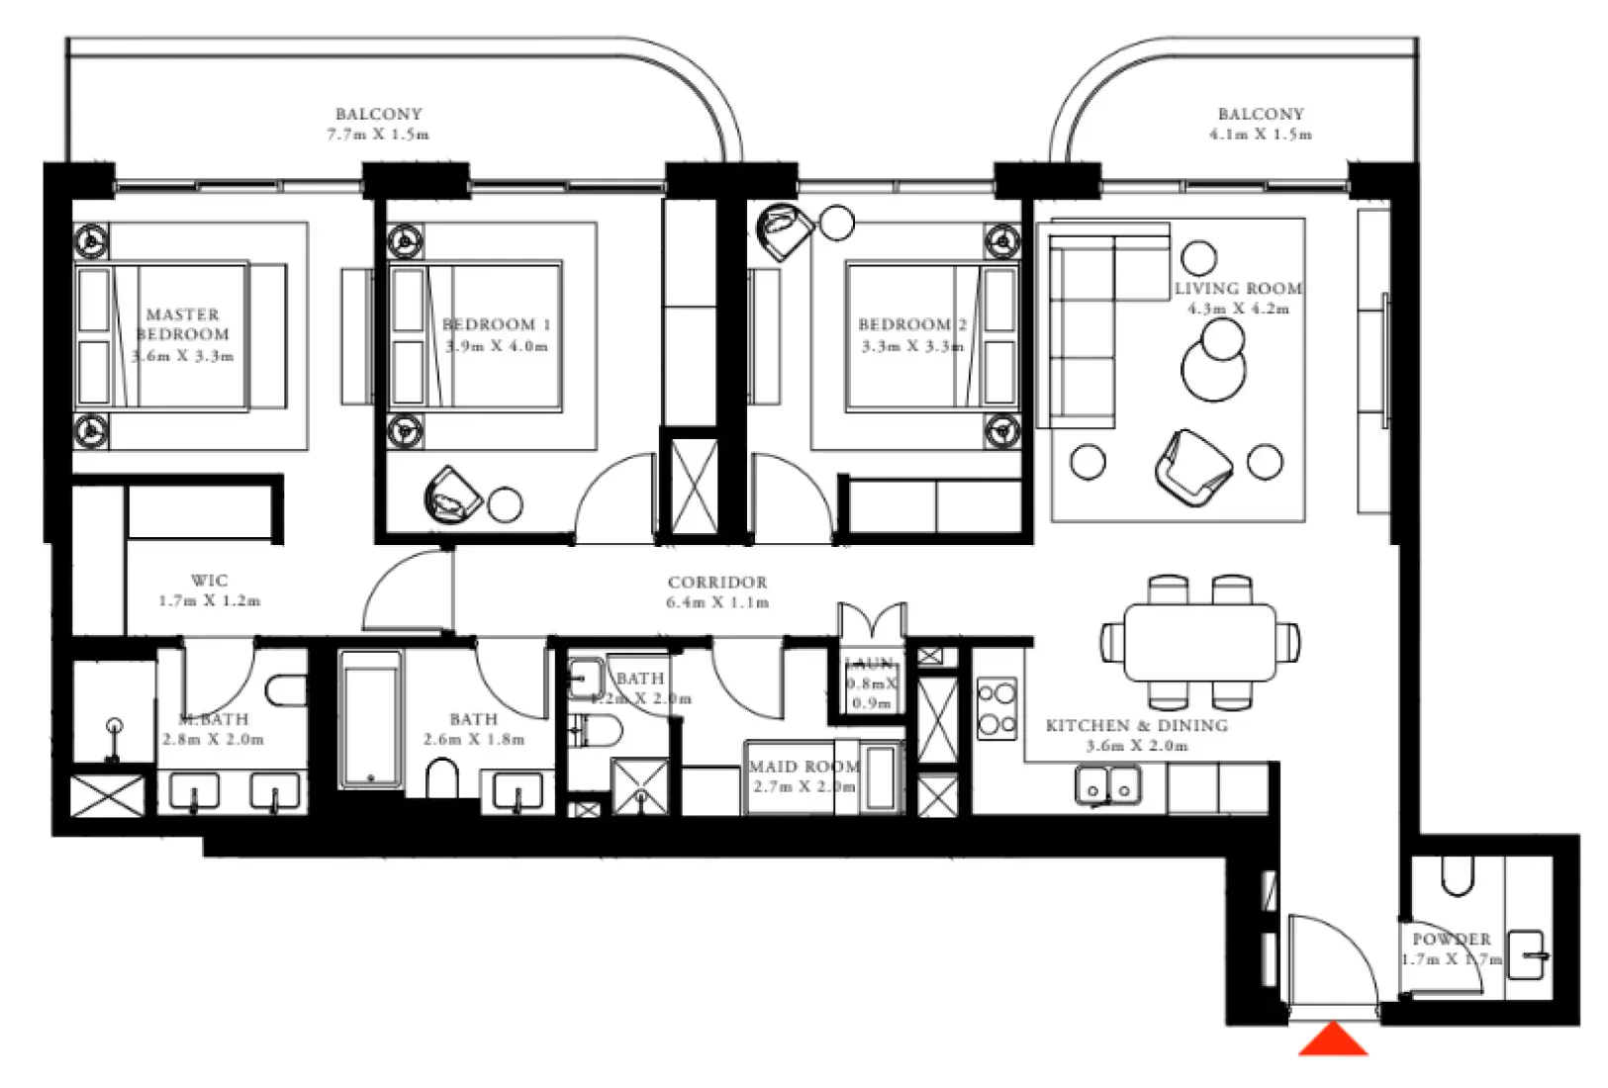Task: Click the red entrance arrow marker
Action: tap(1333, 1041)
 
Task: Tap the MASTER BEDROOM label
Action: tap(182, 324)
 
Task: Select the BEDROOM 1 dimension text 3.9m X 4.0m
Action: tap(497, 346)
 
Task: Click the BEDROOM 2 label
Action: tap(911, 324)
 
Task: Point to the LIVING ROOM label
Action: tap(1237, 289)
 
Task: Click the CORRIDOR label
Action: tap(717, 583)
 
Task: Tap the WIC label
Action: tap(209, 581)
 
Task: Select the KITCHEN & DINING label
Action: tap(1137, 725)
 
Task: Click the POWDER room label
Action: tap(1451, 939)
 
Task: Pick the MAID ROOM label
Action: tap(804, 767)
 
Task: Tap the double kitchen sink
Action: tap(1107, 787)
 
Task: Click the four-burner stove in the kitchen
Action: tap(995, 708)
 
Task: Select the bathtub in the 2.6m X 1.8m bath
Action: tap(370, 720)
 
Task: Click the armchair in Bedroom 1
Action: tap(453, 496)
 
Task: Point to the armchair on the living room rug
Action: tap(1192, 463)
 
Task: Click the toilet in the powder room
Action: tap(1457, 872)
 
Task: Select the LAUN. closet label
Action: tap(870, 664)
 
